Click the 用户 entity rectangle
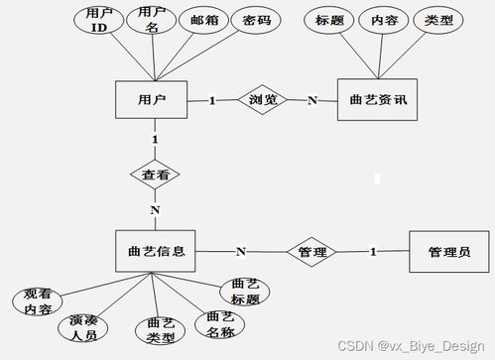(x=153, y=100)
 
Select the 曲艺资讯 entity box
(x=379, y=100)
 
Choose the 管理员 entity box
(x=448, y=252)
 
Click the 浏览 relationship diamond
(x=262, y=100)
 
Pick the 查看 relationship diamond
(x=155, y=174)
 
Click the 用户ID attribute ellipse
(x=97, y=21)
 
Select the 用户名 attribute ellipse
(x=152, y=18)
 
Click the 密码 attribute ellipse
(x=254, y=21)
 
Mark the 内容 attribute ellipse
(x=383, y=21)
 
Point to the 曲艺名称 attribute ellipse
(x=219, y=322)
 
